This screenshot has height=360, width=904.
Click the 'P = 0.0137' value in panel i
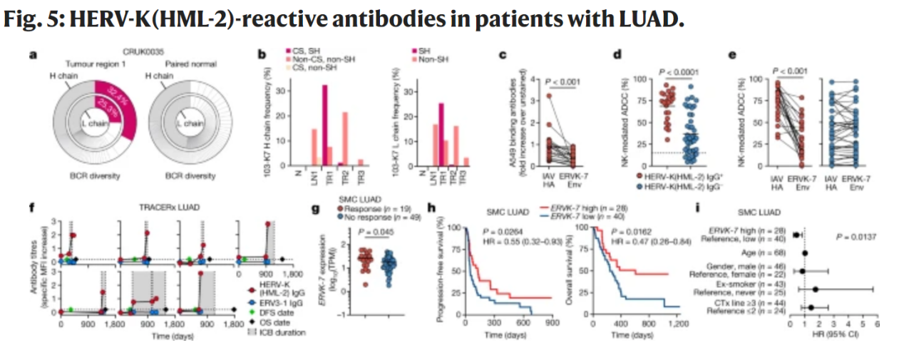(859, 236)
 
